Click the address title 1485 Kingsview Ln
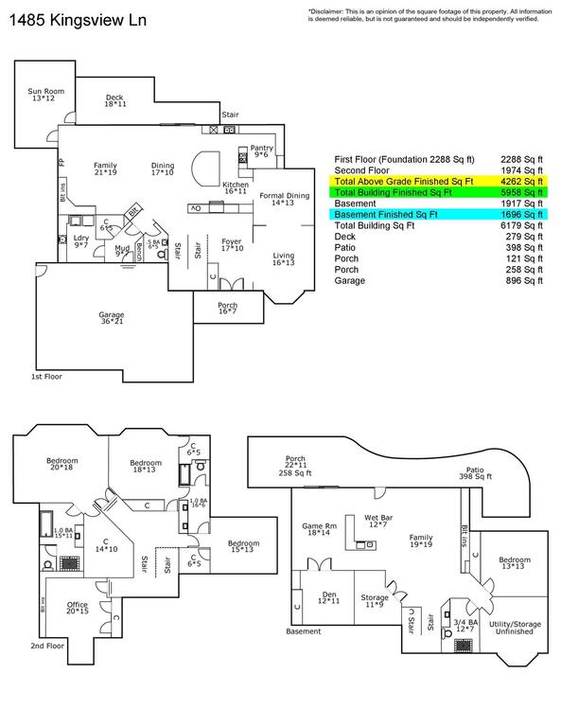[78, 21]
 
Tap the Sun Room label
[45, 95]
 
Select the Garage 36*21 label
[112, 318]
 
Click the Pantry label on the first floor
[262, 151]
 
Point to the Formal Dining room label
[284, 199]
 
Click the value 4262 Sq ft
[521, 182]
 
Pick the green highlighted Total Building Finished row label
[393, 192]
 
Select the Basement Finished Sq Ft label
[386, 214]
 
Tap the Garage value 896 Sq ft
[524, 280]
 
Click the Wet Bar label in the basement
[378, 521]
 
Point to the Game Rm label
[319, 529]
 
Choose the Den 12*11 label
[329, 597]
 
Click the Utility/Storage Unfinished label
[515, 628]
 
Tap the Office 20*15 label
[78, 608]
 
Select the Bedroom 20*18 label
[62, 464]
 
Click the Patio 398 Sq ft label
[475, 473]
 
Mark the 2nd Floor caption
[47, 646]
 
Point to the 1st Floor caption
[46, 377]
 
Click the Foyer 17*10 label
[232, 245]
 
